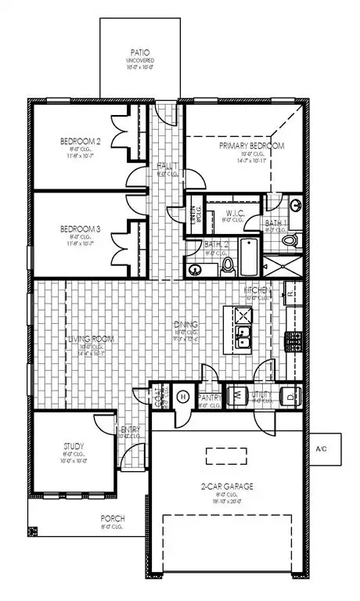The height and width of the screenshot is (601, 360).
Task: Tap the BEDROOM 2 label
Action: [78, 142]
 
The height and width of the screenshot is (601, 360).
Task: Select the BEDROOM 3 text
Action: [78, 229]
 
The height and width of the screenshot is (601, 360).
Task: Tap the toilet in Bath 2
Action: [228, 266]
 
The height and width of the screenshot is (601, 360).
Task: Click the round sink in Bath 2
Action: [194, 270]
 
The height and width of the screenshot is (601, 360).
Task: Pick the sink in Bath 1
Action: [297, 207]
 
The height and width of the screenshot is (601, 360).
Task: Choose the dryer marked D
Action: [291, 396]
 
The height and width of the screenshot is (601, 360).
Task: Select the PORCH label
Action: [111, 518]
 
